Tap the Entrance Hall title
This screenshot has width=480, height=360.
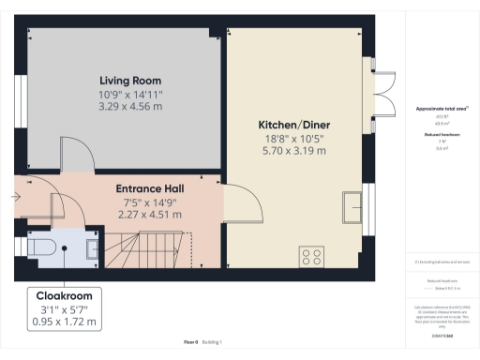pos(149,188)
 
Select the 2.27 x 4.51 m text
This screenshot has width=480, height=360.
pos(149,214)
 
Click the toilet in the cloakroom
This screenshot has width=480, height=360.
pos(42,247)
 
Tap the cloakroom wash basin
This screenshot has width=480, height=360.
pos(92,247)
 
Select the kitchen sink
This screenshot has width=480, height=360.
pos(353,205)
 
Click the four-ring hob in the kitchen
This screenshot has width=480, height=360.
pos(311,256)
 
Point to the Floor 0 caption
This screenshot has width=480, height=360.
pos(191,343)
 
